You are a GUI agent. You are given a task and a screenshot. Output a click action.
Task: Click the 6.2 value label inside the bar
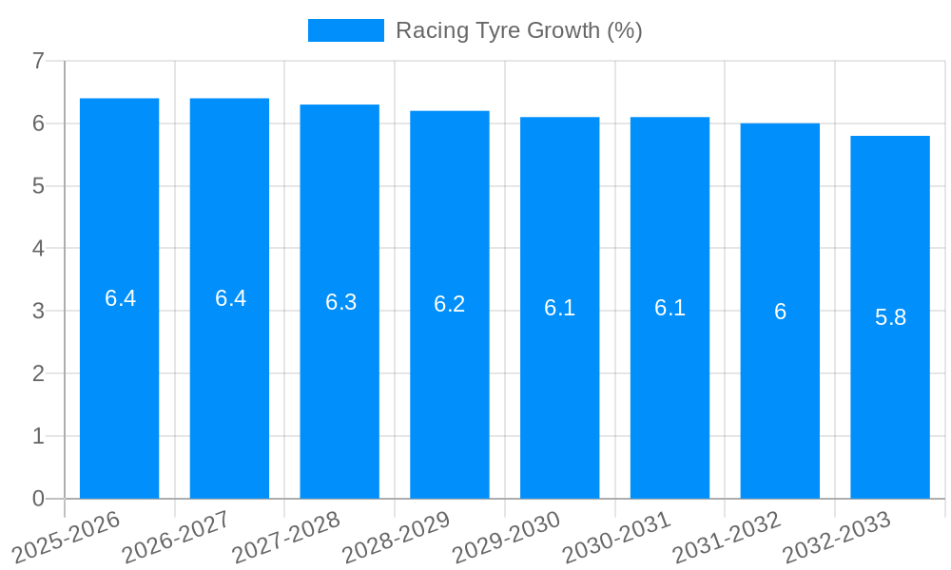pos(450,304)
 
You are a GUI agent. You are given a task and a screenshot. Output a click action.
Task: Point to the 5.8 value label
pos(890,317)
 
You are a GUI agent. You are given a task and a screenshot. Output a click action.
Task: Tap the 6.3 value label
pos(340,302)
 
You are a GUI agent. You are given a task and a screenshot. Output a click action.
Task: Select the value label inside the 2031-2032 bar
pos(780,312)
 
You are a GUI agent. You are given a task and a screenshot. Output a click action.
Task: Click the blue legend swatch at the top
pos(346,30)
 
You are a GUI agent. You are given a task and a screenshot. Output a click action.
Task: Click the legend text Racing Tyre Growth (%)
pos(519,30)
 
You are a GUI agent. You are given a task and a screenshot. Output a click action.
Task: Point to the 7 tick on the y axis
pos(38,61)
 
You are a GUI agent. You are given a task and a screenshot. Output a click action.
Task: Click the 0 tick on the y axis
pos(38,499)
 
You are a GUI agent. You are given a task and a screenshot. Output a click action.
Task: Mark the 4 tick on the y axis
pos(38,249)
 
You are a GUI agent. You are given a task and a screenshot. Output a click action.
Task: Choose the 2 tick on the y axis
pos(38,373)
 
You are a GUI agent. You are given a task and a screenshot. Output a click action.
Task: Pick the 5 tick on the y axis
pos(38,186)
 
